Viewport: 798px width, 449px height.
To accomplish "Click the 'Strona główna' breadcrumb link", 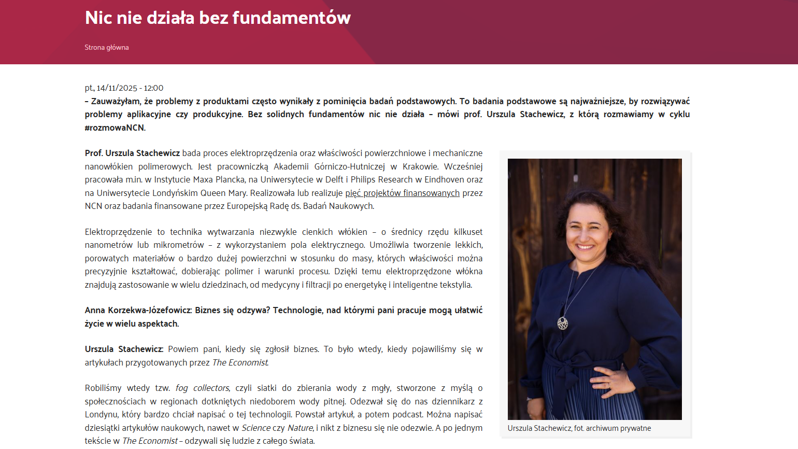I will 107,47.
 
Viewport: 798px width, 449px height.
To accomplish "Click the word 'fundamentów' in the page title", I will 291,18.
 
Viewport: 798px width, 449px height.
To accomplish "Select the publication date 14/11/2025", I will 117,88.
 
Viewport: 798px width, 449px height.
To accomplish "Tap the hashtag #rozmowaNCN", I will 115,128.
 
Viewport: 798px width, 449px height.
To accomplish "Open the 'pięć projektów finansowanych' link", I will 402,193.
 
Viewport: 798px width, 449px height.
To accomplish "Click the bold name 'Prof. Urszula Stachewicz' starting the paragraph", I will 132,153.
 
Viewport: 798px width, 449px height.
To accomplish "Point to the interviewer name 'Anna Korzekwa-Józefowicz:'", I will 138,310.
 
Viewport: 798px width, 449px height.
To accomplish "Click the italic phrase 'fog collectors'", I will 202,388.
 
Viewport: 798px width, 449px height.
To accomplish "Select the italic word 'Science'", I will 256,428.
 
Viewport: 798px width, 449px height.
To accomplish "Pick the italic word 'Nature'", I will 300,428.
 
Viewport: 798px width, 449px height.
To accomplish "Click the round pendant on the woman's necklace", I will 563,324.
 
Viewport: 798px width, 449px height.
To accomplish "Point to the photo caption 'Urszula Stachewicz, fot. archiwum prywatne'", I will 579,428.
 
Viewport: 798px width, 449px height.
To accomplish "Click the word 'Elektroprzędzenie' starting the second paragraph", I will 118,232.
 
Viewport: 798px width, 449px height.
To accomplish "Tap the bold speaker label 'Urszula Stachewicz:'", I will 124,349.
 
